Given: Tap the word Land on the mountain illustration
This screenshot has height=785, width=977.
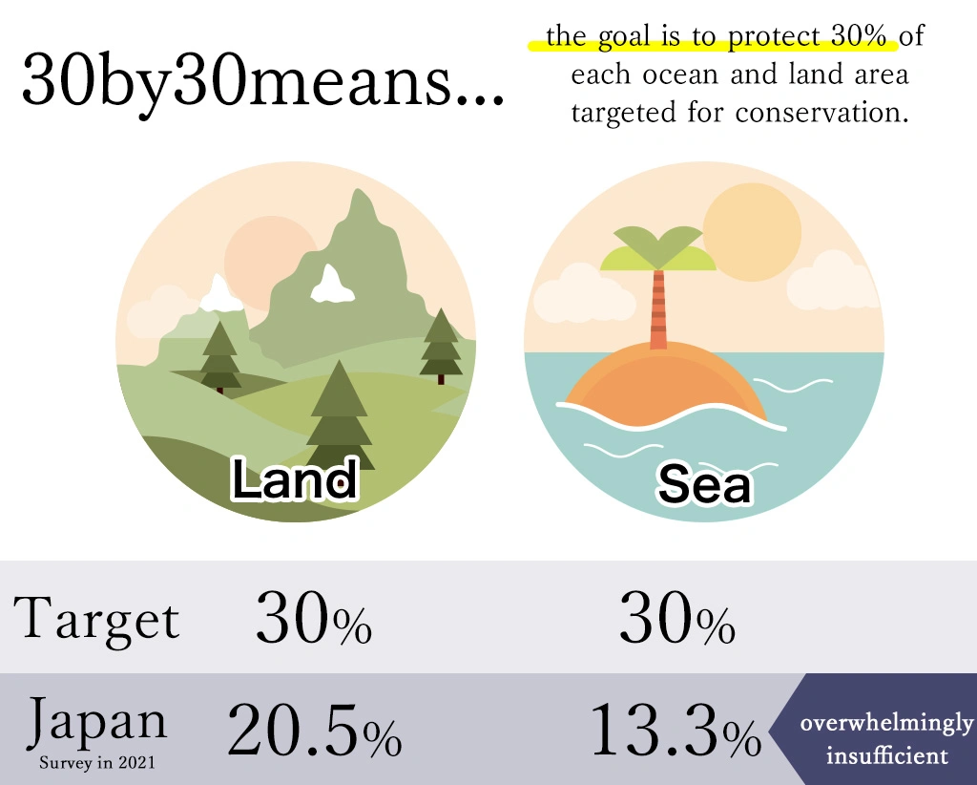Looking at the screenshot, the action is (x=295, y=478).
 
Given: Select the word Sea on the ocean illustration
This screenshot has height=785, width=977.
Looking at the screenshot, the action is (x=705, y=483).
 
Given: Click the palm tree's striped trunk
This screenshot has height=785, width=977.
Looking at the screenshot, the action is (x=658, y=309).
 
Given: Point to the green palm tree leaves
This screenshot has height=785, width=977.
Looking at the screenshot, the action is (x=658, y=249).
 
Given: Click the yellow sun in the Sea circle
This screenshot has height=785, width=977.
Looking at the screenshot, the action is (x=752, y=232).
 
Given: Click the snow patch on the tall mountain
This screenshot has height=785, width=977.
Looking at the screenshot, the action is (x=332, y=285).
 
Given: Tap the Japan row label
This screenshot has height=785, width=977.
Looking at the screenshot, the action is (x=97, y=722).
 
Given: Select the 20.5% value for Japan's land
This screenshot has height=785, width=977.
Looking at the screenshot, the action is (x=315, y=730).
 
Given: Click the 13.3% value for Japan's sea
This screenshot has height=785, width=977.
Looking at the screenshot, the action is (x=676, y=730).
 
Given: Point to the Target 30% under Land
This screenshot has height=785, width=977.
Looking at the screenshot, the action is (x=314, y=618).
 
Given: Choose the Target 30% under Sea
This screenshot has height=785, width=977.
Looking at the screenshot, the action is (x=677, y=618).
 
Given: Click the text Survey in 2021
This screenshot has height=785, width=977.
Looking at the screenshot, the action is (x=96, y=762).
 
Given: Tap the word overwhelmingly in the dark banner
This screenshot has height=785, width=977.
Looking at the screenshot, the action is (x=886, y=724).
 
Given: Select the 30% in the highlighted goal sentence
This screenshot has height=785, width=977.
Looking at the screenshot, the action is (x=858, y=36).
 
